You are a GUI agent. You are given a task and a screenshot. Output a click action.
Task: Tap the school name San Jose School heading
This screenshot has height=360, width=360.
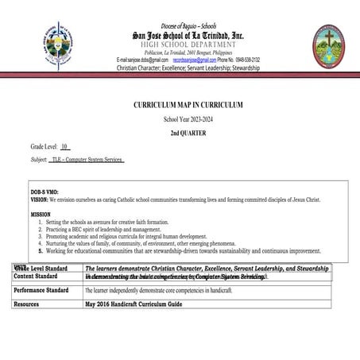click(x=188, y=36)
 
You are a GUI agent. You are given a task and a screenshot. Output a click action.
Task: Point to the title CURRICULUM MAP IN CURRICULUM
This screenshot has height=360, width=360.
click(x=188, y=105)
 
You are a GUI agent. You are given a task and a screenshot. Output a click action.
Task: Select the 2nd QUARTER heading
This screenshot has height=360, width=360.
click(x=188, y=133)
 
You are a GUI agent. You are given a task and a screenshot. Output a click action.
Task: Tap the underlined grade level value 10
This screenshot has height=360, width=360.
click(x=65, y=147)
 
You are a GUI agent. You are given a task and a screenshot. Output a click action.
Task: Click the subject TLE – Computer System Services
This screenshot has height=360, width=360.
click(x=87, y=160)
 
